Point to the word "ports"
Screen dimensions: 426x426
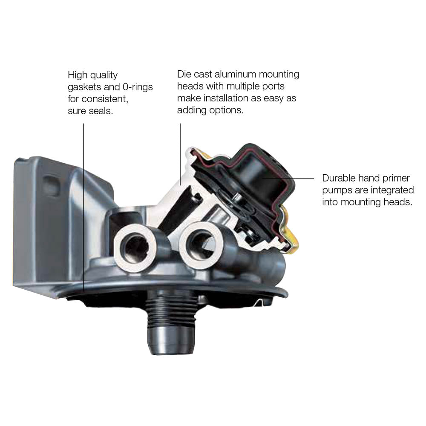click(274, 86)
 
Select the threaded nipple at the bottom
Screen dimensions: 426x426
click(170, 322)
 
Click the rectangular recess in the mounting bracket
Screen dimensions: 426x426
click(52, 185)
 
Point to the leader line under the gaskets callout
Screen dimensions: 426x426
click(83, 208)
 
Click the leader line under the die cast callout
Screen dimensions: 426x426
click(180, 154)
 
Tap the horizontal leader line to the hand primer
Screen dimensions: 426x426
click(288, 178)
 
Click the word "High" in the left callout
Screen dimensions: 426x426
click(78, 75)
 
